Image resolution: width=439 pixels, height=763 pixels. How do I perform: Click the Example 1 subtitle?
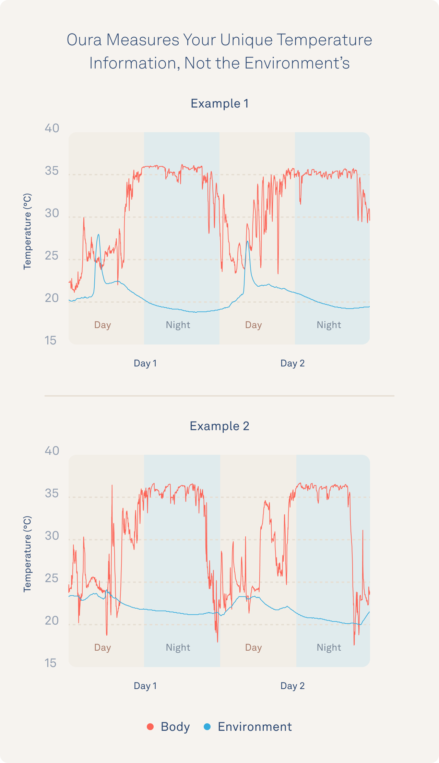click(x=219, y=103)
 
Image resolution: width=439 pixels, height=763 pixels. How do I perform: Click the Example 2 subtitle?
click(x=219, y=426)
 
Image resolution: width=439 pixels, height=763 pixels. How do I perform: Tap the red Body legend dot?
click(x=150, y=726)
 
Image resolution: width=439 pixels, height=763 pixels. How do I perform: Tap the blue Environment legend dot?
click(x=207, y=726)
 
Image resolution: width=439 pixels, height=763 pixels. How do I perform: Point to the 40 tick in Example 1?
click(x=52, y=128)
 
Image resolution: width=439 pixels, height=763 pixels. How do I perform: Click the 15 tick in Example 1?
click(x=51, y=340)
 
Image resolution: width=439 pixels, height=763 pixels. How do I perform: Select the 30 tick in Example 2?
click(x=52, y=536)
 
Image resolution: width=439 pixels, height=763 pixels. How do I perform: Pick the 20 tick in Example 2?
click(x=52, y=621)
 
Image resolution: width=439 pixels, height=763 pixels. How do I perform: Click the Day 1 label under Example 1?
click(x=145, y=363)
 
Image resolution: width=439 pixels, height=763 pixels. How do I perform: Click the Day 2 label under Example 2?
click(x=293, y=686)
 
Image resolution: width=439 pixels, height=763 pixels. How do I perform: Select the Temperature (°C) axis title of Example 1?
click(x=27, y=232)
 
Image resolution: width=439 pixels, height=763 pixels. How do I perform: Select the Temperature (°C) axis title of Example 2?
click(x=27, y=554)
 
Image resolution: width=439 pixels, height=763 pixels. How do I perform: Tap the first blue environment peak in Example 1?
click(x=98, y=235)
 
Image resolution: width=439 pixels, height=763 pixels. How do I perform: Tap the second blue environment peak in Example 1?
click(x=248, y=242)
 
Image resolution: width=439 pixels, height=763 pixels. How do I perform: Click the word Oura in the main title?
click(x=84, y=40)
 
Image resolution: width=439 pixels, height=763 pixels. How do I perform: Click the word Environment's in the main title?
click(x=297, y=63)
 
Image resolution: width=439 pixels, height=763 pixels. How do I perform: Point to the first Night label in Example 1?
click(x=178, y=325)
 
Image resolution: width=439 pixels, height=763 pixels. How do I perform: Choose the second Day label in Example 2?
click(x=253, y=647)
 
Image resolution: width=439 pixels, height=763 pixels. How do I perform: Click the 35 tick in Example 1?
click(x=52, y=171)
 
